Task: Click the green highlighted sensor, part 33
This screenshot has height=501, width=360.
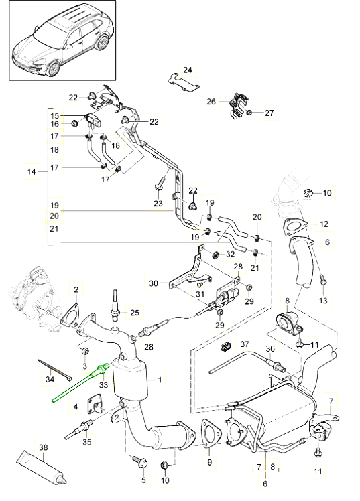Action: pyautogui.click(x=79, y=382)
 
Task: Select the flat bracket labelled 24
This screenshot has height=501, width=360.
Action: pyautogui.click(x=183, y=84)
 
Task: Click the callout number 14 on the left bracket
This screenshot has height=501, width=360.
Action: pyautogui.click(x=32, y=172)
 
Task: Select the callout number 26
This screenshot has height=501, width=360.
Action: pyautogui.click(x=211, y=102)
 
